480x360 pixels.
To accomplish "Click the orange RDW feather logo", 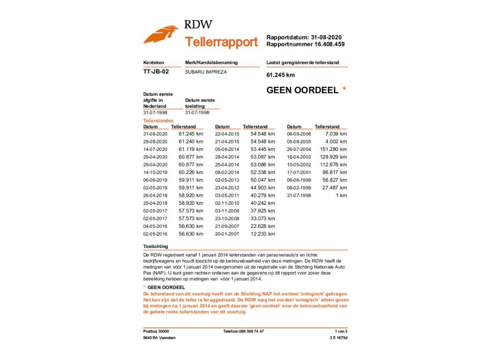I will click(161, 34).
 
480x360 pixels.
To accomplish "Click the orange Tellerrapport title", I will click(221, 42).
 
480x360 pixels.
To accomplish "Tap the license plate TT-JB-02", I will click(156, 72).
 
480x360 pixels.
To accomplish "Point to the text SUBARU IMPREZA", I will click(206, 72).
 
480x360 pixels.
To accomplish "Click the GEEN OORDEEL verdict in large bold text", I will click(302, 90).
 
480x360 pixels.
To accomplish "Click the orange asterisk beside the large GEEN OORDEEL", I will click(345, 89).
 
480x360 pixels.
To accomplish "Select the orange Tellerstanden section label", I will click(158, 120).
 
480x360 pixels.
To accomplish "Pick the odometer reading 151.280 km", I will click(333, 149).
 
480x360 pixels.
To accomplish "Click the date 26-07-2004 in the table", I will click(299, 149).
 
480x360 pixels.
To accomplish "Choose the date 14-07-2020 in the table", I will click(155, 149).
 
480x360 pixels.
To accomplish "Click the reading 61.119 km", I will click(191, 149).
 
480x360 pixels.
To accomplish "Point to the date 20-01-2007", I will click(227, 234).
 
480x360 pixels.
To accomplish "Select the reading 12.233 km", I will click(262, 234).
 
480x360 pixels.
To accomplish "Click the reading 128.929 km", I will click(333, 157).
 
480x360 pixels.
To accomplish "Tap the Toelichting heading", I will click(156, 246).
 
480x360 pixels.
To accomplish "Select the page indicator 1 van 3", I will click(341, 331).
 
